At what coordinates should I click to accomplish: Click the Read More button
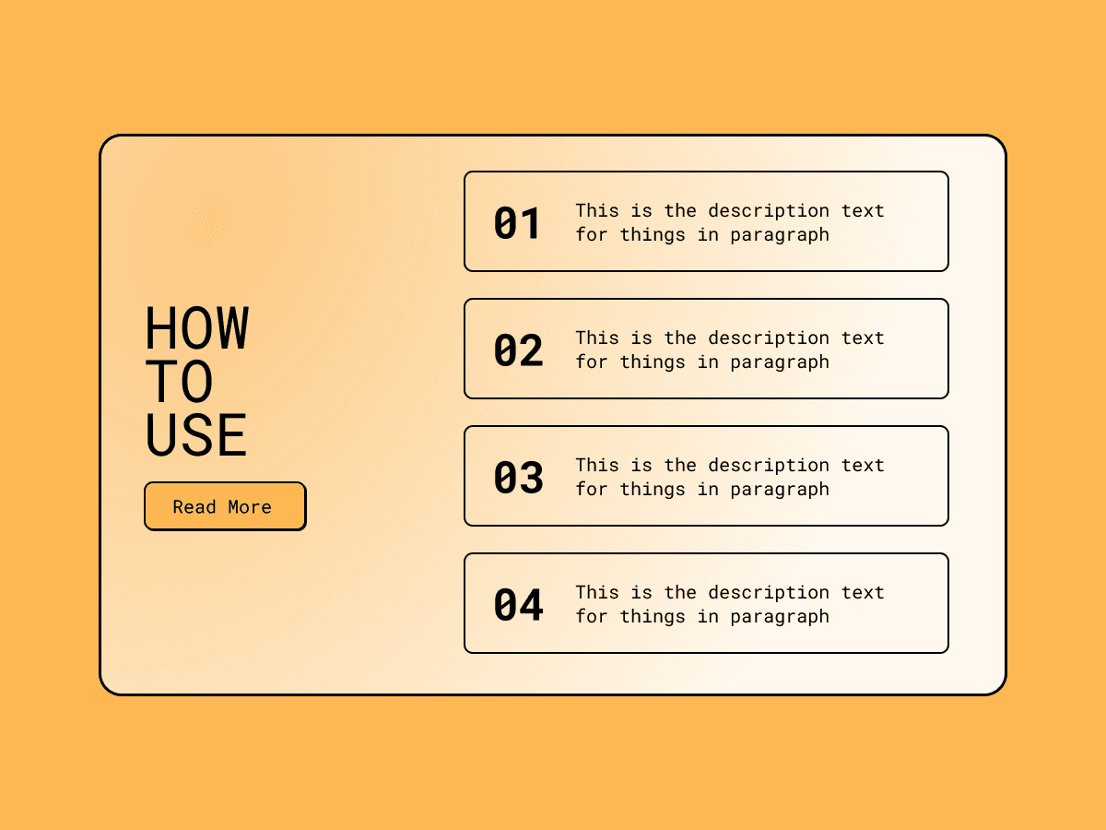click(225, 506)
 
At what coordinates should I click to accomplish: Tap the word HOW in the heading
click(197, 327)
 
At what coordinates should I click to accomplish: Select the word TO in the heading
click(180, 381)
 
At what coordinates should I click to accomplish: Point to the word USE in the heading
click(196, 434)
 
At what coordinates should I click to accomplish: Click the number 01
click(517, 223)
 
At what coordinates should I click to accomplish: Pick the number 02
click(519, 350)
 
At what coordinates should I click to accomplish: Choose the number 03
click(519, 477)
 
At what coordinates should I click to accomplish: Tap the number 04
click(519, 605)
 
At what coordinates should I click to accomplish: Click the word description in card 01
click(769, 210)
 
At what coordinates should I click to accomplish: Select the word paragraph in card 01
click(780, 235)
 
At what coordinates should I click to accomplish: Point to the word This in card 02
click(597, 338)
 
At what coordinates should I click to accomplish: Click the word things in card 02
click(653, 362)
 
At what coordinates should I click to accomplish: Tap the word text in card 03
click(863, 465)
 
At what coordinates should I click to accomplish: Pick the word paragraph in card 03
click(780, 490)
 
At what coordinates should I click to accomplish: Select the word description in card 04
click(769, 593)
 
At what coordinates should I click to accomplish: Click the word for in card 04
click(592, 616)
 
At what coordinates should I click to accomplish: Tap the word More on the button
click(250, 507)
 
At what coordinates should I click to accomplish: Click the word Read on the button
click(194, 507)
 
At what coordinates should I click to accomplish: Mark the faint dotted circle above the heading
click(209, 221)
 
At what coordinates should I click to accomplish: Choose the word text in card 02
click(863, 338)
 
